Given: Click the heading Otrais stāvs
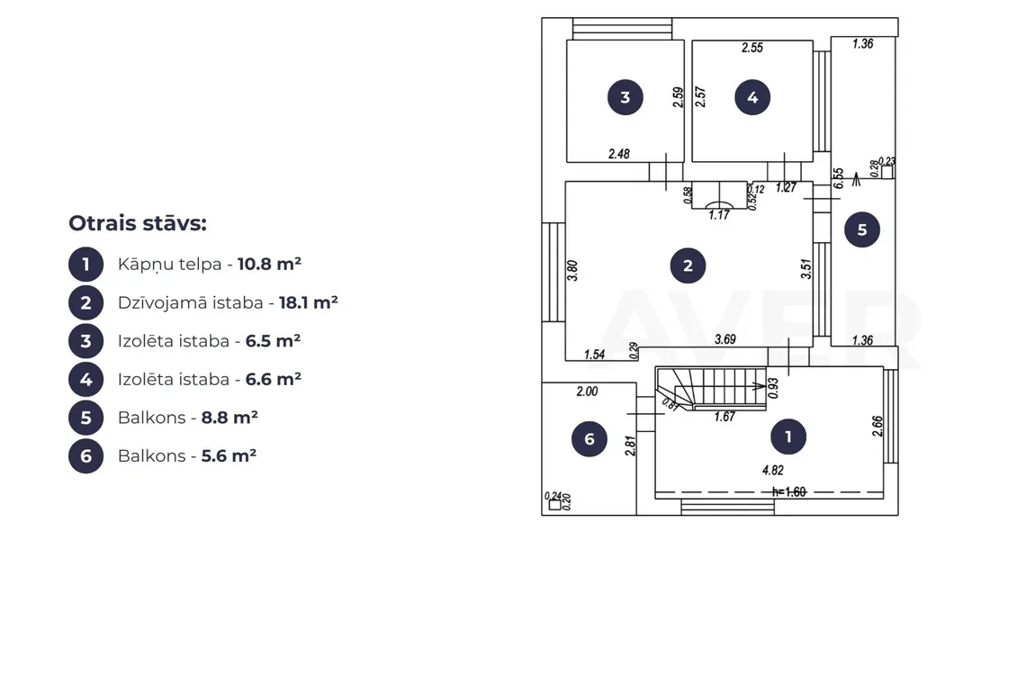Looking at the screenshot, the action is tap(138, 223).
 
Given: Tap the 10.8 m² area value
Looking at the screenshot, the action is tap(269, 264).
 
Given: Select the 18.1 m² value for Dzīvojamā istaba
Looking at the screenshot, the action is tap(308, 302).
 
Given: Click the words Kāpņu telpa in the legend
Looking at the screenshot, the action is tap(169, 265).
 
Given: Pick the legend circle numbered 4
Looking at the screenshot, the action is tap(85, 380).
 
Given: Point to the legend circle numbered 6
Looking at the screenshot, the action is tap(85, 456).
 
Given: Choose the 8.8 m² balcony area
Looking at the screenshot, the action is tap(229, 418).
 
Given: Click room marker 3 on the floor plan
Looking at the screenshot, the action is tap(625, 97).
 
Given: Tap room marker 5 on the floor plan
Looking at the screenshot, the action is tap(862, 229).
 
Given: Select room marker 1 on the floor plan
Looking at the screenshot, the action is tap(787, 436).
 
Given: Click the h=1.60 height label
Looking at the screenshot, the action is tap(788, 491).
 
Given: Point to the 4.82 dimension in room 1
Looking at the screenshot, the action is tap(773, 470).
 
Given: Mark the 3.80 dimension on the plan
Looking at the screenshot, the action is tap(572, 270).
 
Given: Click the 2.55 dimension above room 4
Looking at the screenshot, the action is tap(751, 47).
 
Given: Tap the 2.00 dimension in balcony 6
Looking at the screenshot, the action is tap(587, 391).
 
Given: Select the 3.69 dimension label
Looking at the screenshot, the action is tap(725, 339).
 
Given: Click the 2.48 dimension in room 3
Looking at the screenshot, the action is tap(619, 154).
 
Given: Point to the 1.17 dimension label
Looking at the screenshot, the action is tap(719, 215).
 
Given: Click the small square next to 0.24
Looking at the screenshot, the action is tap(555, 505).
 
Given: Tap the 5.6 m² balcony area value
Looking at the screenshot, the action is tap(229, 455).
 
